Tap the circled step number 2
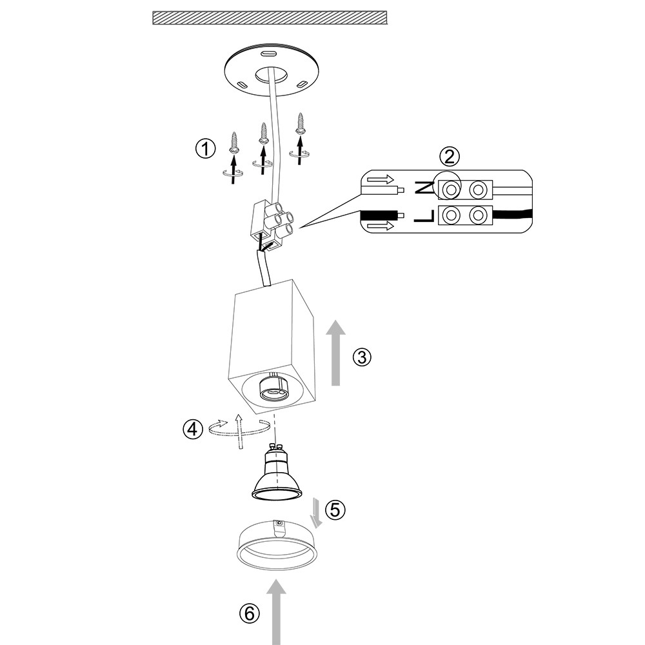tap(450, 156)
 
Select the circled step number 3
tap(362, 357)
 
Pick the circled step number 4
tap(192, 429)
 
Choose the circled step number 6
tap(249, 613)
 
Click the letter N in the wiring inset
tap(424, 189)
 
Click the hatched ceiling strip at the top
tap(269, 17)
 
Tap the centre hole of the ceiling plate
tap(270, 75)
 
